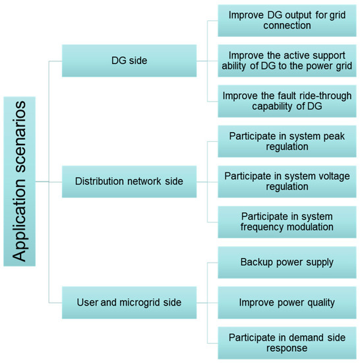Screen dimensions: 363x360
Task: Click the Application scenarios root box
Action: [x=19, y=181]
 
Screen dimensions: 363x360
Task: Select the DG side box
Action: [x=129, y=61]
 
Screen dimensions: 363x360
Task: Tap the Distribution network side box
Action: [x=129, y=181]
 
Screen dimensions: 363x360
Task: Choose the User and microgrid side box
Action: [x=129, y=302]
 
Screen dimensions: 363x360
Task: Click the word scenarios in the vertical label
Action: [x=19, y=141]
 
